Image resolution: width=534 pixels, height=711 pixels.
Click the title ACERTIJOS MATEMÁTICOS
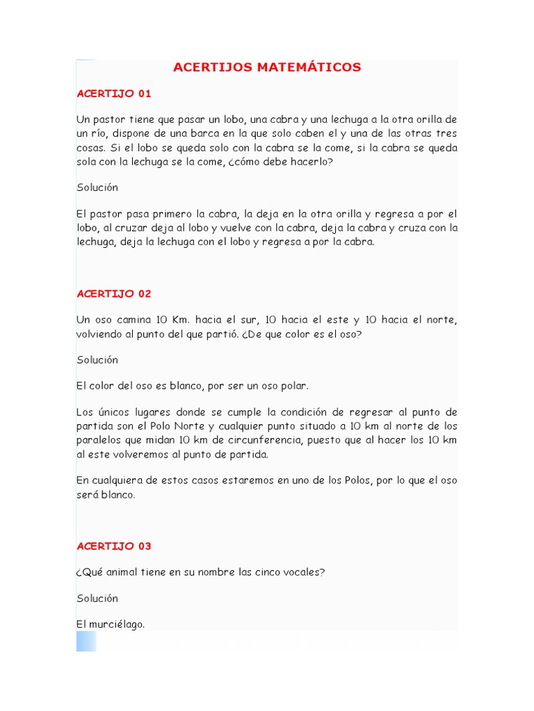tap(267, 67)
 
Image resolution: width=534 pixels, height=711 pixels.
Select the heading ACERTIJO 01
tap(114, 94)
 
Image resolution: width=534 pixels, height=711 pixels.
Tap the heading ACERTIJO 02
tap(114, 294)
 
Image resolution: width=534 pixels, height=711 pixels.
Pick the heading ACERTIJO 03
tap(114, 546)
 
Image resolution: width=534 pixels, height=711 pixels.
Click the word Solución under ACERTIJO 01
tap(97, 187)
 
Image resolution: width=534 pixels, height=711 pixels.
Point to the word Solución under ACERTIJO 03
tap(97, 599)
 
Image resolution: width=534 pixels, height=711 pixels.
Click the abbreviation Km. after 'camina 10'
tap(181, 319)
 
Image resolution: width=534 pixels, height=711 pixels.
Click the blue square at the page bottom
tap(86, 641)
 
